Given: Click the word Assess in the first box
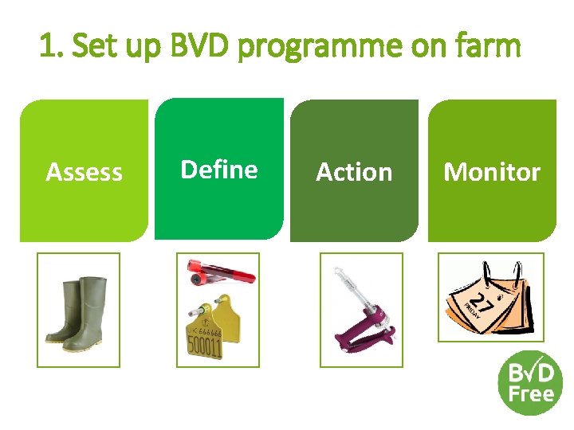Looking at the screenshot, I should pos(84,172).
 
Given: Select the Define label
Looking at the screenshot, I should pos(219,170).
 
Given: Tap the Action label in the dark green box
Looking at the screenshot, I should pos(354,172).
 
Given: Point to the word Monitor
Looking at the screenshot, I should pos(492,172).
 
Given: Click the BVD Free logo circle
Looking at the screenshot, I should pos(530,382).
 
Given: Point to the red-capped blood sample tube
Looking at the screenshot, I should pos(220,272).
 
